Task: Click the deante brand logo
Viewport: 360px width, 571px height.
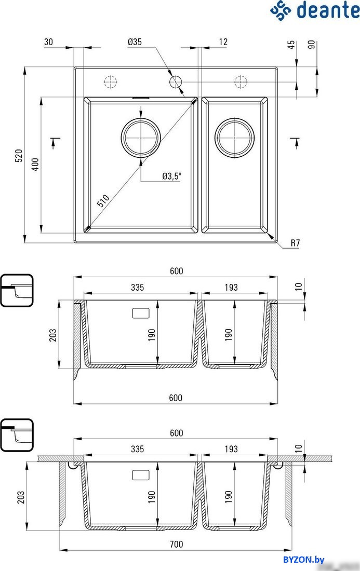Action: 314,10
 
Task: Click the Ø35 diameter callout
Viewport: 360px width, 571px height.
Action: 135,42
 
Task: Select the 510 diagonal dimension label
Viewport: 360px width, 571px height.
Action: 103,201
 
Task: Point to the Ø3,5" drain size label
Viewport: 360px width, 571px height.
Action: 171,176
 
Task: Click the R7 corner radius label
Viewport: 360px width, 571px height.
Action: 295,243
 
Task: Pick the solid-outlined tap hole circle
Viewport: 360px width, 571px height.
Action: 176,82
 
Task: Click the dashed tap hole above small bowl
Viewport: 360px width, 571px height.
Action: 241,82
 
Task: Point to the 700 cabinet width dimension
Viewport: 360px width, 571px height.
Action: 176,545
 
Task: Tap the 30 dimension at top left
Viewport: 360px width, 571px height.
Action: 48,42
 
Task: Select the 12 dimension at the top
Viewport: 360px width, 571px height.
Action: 223,42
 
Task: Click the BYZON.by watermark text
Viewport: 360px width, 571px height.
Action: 303,560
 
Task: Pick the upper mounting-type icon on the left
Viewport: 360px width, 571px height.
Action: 17,290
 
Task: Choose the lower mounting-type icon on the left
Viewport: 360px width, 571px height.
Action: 17,435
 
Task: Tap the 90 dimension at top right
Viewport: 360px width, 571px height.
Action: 312,45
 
